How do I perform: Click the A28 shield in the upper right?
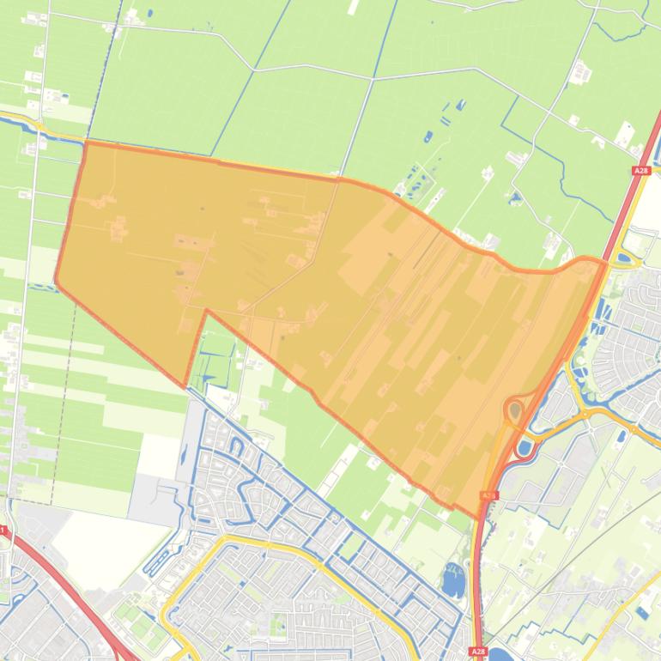(641, 171)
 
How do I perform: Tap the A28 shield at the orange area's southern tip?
(488, 495)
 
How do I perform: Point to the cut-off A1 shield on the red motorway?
(3, 531)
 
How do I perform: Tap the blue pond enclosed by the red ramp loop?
(524, 447)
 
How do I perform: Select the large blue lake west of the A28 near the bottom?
(452, 584)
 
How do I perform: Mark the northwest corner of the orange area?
(87, 143)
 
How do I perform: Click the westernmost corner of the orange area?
(56, 281)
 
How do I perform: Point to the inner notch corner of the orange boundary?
(206, 311)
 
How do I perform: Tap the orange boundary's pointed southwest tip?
(185, 385)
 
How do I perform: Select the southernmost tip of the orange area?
(476, 518)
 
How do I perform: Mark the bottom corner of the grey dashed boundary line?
(52, 503)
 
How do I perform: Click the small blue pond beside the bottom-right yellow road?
(643, 612)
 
